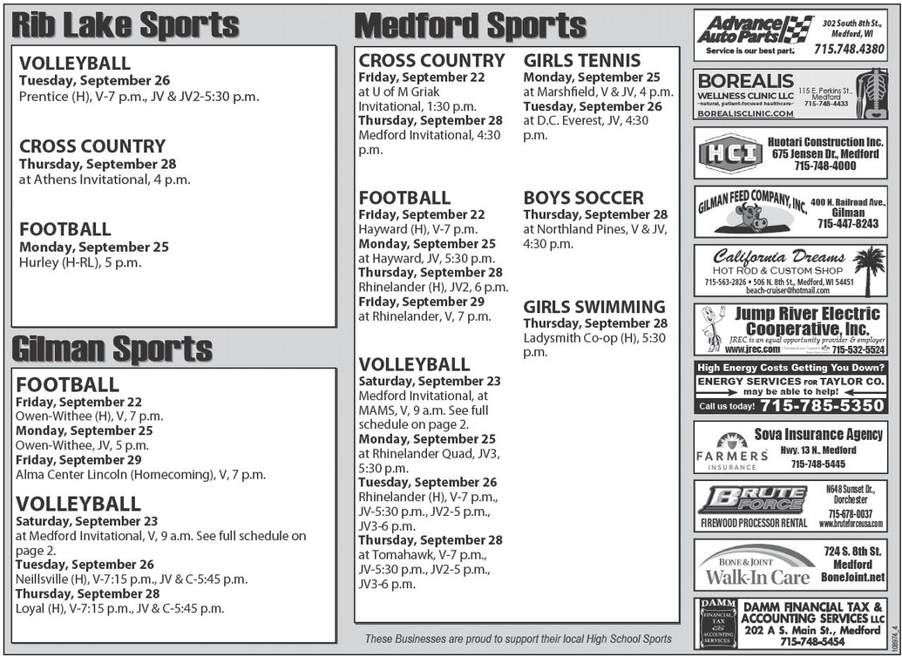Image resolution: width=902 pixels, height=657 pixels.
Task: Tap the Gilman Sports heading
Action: [112, 349]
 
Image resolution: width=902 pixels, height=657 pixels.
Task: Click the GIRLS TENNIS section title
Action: [581, 61]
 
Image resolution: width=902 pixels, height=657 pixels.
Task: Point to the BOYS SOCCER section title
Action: [583, 198]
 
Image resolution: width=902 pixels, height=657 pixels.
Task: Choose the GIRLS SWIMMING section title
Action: [593, 307]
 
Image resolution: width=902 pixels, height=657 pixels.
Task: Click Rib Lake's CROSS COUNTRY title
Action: [92, 146]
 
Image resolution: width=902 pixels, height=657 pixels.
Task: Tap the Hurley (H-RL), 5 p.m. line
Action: [80, 262]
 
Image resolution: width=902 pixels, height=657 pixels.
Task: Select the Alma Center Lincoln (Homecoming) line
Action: [140, 475]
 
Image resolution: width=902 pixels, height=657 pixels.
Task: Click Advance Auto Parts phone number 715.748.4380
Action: [848, 50]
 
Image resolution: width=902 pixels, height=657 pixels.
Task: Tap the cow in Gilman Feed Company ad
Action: [750, 219]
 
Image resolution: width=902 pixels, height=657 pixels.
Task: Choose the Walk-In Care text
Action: [756, 577]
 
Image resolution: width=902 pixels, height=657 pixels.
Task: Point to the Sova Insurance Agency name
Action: [817, 434]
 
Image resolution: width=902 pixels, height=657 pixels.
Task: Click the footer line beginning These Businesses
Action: [518, 639]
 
